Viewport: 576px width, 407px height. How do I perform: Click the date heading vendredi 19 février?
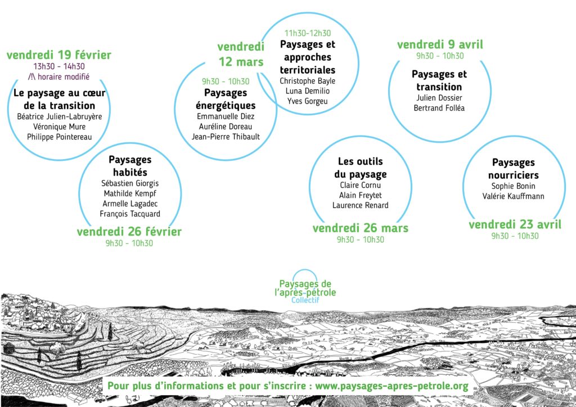point(58,55)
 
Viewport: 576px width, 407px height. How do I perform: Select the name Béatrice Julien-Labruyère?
point(60,117)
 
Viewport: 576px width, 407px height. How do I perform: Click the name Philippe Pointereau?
point(60,137)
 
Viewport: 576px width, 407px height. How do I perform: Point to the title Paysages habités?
point(130,166)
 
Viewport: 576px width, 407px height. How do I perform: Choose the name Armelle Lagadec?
point(130,204)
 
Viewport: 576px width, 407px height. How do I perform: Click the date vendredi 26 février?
point(129,232)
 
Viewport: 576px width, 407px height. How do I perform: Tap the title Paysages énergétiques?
point(226,99)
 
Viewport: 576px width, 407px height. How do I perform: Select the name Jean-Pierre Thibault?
point(226,137)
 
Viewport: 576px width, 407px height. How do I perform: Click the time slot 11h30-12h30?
point(308,33)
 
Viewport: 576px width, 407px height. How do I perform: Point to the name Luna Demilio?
point(308,91)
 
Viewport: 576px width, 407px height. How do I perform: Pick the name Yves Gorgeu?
point(308,101)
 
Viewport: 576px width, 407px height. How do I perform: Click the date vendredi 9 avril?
point(440,45)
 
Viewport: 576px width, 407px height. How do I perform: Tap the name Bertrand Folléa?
point(439,108)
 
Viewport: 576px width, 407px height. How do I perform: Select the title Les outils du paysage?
point(361,168)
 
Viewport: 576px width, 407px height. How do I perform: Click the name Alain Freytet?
point(361,195)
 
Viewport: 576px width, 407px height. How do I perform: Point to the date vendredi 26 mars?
point(361,228)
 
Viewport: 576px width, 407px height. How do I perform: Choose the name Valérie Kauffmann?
point(513,196)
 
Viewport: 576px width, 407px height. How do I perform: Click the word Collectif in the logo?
point(305,300)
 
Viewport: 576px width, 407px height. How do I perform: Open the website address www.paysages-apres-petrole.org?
point(392,386)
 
